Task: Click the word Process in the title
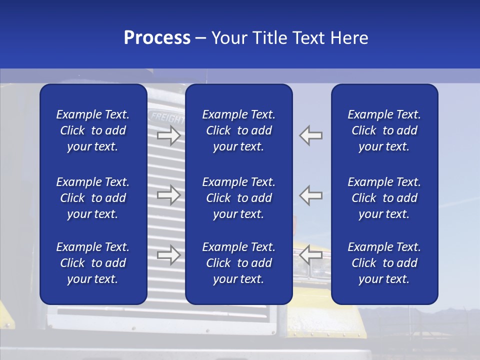[x=157, y=38]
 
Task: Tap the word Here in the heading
[x=349, y=38]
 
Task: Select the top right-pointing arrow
[x=168, y=135]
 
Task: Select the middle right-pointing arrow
[x=168, y=195]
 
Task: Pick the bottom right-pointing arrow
[x=168, y=255]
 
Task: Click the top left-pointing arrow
[x=310, y=135]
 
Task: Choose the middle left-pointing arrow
[x=310, y=195]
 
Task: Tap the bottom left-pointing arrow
[x=310, y=254]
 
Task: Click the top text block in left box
[x=93, y=130]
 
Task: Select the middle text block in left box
[x=93, y=198]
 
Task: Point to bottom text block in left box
[x=93, y=263]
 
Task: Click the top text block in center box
[x=238, y=130]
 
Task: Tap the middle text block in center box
[x=238, y=198]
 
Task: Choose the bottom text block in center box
[x=238, y=263]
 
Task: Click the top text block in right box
[x=384, y=130]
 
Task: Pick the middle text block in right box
[x=384, y=198]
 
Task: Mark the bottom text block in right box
[x=384, y=263]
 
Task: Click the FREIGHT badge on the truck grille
[x=167, y=118]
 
